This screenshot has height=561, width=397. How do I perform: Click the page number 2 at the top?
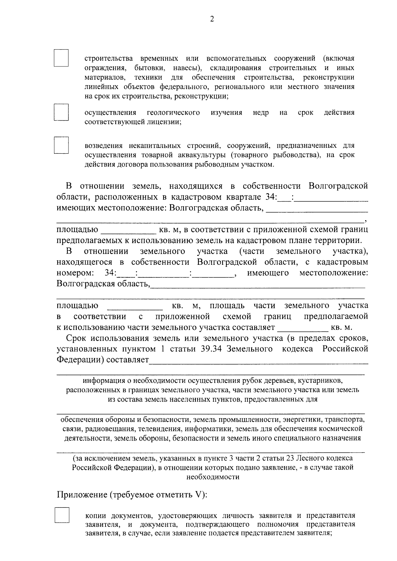coord(212,20)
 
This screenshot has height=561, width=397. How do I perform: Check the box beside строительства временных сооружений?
coord(61,58)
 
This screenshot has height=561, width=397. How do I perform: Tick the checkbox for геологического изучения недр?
coord(61,112)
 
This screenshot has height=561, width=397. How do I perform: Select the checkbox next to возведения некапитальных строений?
coord(61,145)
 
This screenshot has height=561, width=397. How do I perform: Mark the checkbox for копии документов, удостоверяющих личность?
coord(62,515)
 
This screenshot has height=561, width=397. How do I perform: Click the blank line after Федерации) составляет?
coord(258,360)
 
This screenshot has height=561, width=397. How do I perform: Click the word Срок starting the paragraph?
coord(77,338)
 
